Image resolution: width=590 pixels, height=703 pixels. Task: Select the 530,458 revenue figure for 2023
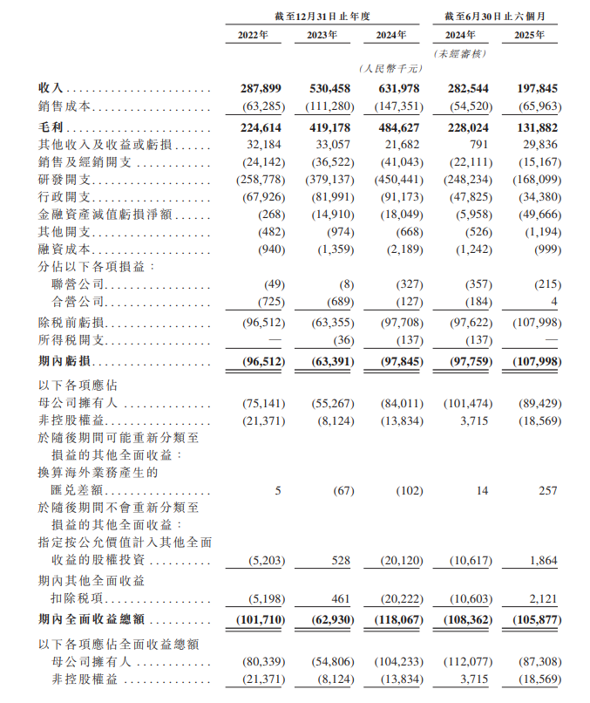tap(330, 89)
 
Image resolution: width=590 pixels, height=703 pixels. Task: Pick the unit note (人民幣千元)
tap(389, 68)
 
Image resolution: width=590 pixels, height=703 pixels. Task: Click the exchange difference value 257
tap(546, 491)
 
